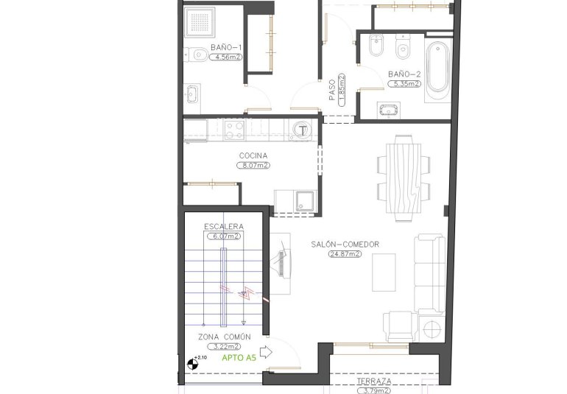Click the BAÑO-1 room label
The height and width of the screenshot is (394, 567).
(x=226, y=47)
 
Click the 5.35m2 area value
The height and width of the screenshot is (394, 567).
(x=404, y=84)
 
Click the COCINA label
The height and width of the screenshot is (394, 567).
(x=253, y=155)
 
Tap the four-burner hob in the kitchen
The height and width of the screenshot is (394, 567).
(x=234, y=130)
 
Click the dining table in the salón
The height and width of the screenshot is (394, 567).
(x=403, y=177)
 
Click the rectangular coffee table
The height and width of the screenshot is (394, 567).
(x=383, y=271)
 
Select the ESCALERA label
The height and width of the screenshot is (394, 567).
(x=224, y=227)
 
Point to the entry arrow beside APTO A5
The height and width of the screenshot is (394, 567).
(x=267, y=353)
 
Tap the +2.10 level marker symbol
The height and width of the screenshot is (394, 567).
(x=194, y=362)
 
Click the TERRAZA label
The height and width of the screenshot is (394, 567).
(x=373, y=381)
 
